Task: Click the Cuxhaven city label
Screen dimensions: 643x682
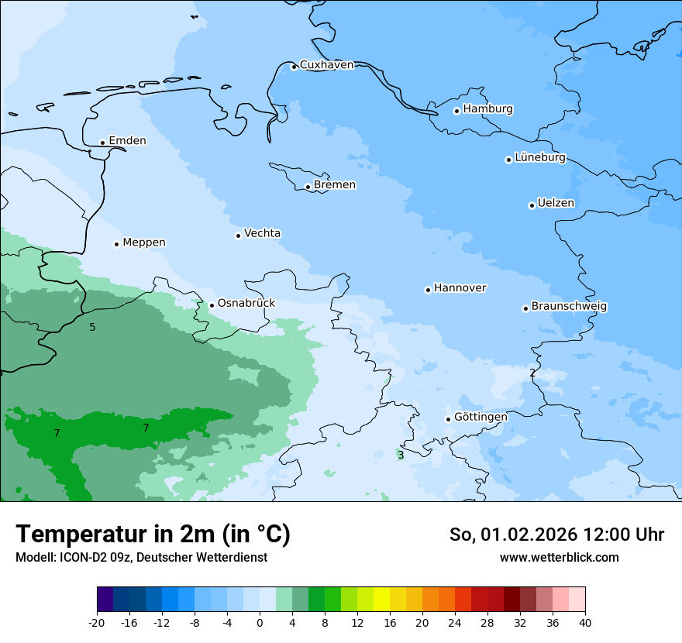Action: [x=326, y=65]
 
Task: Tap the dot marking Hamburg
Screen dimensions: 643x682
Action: [x=456, y=111]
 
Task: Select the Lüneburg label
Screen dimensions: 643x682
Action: [x=539, y=157]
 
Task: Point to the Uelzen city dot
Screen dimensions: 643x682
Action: [x=532, y=205]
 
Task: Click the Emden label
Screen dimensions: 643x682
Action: [x=127, y=140]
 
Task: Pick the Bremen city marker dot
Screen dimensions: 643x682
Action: [x=308, y=187]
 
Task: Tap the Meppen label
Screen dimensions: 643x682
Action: [x=143, y=242]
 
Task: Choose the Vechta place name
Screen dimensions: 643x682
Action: [x=262, y=233]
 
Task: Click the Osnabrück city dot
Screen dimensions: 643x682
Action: [x=212, y=305]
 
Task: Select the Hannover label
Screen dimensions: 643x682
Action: [x=460, y=288]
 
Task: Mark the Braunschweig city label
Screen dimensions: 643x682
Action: [x=569, y=307]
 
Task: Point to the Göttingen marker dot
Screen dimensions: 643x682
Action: [x=448, y=419]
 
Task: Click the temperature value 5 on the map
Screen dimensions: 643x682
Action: [x=92, y=327]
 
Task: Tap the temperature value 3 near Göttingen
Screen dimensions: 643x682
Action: [x=401, y=455]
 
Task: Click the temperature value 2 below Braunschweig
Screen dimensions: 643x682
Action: [x=532, y=373]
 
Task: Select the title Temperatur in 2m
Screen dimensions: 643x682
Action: [x=153, y=534]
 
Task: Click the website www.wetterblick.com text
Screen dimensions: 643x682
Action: [x=559, y=558]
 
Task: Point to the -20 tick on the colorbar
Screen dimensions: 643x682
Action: [x=97, y=623]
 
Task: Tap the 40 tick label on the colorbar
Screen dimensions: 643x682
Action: [x=585, y=623]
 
